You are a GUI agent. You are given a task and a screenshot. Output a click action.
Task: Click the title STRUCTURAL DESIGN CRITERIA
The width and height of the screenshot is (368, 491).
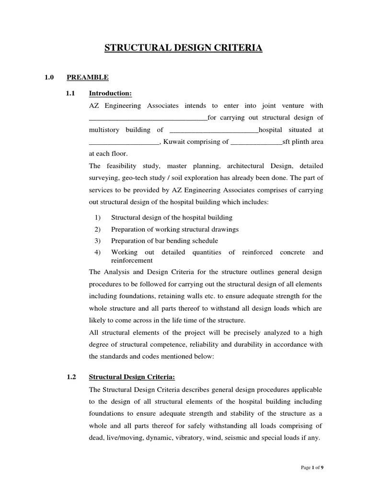pos(184,48)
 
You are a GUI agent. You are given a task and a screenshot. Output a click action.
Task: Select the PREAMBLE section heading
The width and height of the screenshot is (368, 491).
pos(87,77)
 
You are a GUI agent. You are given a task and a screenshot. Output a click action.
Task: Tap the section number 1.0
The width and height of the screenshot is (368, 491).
pos(50,77)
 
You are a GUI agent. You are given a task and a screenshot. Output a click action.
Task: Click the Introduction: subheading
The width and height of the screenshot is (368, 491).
pos(110,93)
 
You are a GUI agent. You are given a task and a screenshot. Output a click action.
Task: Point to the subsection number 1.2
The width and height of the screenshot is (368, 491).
pos(71,377)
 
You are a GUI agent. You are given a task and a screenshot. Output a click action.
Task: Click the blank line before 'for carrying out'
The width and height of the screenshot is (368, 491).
pos(148,118)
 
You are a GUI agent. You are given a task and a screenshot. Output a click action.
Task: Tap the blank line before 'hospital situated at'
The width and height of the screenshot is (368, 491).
pos(214,130)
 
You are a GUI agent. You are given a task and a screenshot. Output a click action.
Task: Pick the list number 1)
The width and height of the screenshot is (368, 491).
pos(98,217)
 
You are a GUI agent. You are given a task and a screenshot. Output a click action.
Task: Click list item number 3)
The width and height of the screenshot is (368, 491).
pos(98,241)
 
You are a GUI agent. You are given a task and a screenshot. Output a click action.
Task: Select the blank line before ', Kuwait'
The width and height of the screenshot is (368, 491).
pos(124,142)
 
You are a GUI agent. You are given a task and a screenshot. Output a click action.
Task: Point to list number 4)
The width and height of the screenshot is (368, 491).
pos(98,252)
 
